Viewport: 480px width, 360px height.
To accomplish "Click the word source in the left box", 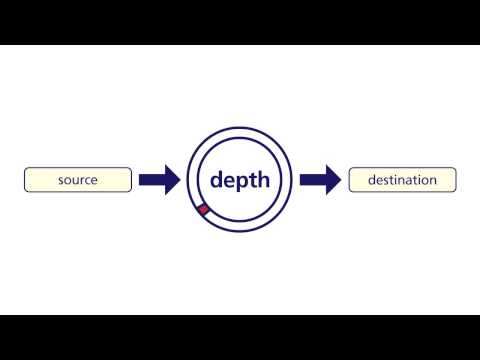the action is click(78, 180).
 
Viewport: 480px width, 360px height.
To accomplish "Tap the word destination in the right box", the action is click(402, 180).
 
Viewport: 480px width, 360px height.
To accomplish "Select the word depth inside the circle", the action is click(240, 181).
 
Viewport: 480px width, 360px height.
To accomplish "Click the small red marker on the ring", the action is click(203, 210).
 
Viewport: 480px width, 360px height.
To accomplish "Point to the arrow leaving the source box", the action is click(160, 180).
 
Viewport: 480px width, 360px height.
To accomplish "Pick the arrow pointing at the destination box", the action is click(321, 180).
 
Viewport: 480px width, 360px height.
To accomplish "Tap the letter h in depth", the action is click(263, 179).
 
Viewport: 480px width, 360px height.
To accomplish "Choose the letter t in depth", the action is click(253, 181).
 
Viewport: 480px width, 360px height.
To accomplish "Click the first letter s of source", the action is click(61, 180).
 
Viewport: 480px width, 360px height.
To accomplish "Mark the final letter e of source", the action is click(94, 180).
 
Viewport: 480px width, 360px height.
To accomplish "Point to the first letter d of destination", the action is click(372, 180).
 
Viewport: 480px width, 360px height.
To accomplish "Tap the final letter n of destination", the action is click(434, 181).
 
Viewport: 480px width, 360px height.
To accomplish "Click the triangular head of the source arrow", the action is click(173, 180).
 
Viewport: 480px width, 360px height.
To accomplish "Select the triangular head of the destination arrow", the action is click(334, 180).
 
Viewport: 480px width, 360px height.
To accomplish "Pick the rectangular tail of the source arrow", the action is click(152, 180).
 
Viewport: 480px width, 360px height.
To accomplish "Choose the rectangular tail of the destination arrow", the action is click(313, 180).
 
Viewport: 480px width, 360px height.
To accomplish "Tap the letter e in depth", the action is click(229, 181).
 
